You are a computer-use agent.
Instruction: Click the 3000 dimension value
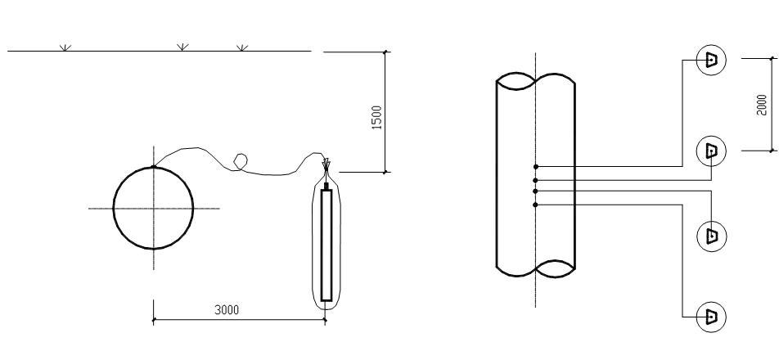pyautogui.click(x=227, y=310)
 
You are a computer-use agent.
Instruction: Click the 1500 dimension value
pyautogui.click(x=377, y=118)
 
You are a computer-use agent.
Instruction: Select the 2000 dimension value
pyautogui.click(x=762, y=105)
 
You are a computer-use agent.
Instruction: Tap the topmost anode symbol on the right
pyautogui.click(x=711, y=60)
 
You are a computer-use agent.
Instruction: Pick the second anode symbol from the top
pyautogui.click(x=711, y=151)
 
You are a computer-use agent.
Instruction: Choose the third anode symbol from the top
pyautogui.click(x=711, y=236)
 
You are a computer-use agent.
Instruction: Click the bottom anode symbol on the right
pyautogui.click(x=711, y=317)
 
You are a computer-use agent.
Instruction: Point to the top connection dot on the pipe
pyautogui.click(x=535, y=167)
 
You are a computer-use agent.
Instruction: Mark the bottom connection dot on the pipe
pyautogui.click(x=535, y=205)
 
